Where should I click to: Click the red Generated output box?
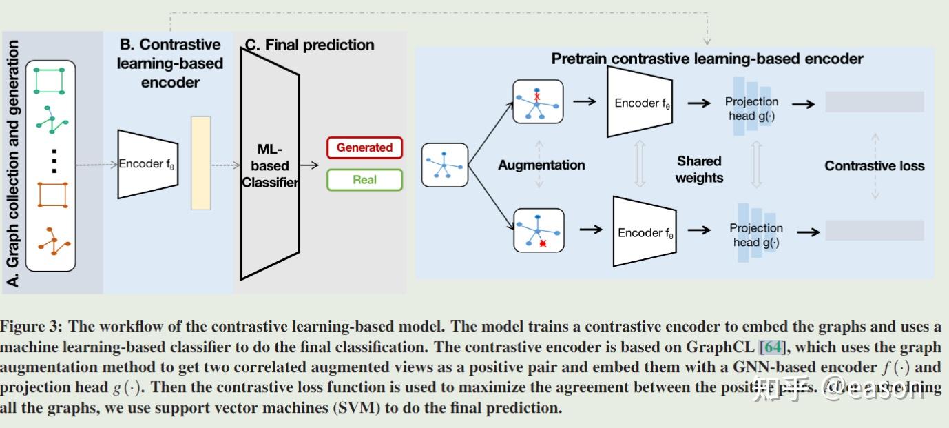point(364,147)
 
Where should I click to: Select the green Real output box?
point(364,180)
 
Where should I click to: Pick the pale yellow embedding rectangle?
point(200,163)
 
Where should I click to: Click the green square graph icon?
point(50,81)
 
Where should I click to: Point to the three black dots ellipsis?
point(54,161)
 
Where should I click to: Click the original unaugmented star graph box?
point(444,165)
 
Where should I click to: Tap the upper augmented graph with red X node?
point(538,101)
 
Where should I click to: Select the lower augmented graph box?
point(538,230)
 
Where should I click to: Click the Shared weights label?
point(699,169)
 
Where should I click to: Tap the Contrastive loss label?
point(874,165)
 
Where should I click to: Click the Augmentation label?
point(541,165)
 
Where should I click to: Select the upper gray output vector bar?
point(874,102)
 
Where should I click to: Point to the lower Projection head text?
point(755,234)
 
